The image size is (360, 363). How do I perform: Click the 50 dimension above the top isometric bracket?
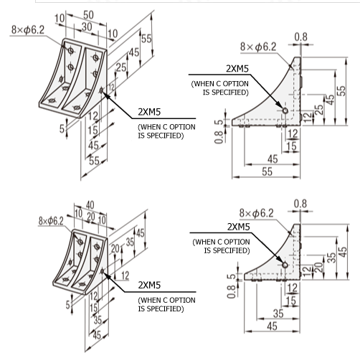pos(88,15)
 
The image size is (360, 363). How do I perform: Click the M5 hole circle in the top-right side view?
pos(285,112)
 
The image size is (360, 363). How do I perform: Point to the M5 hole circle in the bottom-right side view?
pos(285,265)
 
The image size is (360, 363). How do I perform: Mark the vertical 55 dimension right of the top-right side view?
pos(343,93)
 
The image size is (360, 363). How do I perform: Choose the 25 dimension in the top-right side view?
pos(319,113)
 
